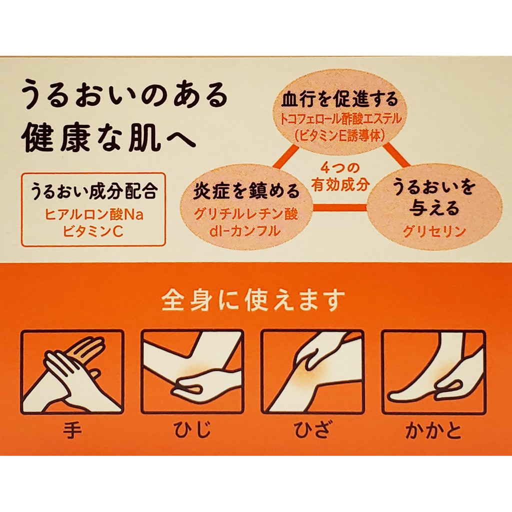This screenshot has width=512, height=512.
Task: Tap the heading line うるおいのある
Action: click(x=124, y=95)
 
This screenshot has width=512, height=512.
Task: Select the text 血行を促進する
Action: click(x=340, y=99)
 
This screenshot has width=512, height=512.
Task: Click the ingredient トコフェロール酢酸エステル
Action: click(x=340, y=119)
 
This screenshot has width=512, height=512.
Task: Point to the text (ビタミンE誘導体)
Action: click(x=340, y=135)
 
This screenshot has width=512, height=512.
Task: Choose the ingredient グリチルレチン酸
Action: click(x=246, y=214)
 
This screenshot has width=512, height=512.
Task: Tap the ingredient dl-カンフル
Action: click(x=245, y=231)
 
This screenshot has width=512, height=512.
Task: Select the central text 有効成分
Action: click(x=340, y=184)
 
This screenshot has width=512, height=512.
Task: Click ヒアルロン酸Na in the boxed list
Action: click(x=94, y=215)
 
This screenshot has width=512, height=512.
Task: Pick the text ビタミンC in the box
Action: click(x=93, y=231)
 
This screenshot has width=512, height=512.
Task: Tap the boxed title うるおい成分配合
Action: click(x=94, y=191)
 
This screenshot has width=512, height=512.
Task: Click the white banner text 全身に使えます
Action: click(x=253, y=299)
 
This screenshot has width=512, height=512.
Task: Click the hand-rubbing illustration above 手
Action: click(x=72, y=372)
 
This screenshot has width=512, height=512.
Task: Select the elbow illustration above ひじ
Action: click(x=192, y=372)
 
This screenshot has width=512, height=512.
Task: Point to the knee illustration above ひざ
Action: click(x=312, y=372)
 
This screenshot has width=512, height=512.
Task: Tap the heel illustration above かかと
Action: click(x=433, y=372)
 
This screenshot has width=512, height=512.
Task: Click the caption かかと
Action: click(x=433, y=430)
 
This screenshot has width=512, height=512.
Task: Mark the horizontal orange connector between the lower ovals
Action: click(x=339, y=207)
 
